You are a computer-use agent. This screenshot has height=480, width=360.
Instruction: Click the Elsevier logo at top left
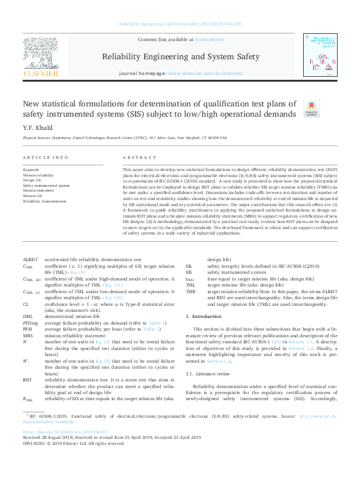coord(40,58)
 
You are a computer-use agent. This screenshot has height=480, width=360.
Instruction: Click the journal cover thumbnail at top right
coord(321,54)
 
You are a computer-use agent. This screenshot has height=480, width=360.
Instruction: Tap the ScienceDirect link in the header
coord(209,39)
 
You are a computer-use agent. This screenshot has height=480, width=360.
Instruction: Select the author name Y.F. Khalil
coord(36,128)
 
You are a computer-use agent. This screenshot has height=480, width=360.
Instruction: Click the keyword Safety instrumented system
coord(46,186)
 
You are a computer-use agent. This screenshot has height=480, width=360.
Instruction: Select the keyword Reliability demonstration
coord(44,201)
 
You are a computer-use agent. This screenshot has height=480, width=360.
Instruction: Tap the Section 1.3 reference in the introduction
coord(218,361)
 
